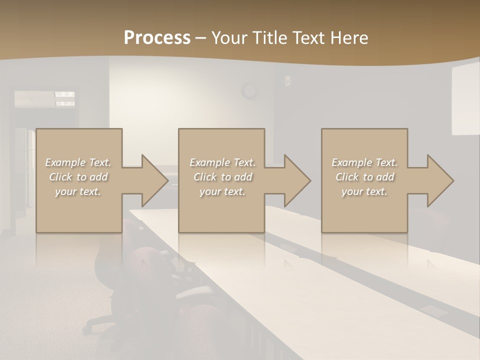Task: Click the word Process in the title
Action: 157,38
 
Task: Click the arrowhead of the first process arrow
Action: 154,180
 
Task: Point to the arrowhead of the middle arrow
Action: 297,180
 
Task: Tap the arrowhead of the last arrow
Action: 440,180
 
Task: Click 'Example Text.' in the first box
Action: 78,162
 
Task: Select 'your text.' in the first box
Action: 78,191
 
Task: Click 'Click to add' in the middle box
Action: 223,177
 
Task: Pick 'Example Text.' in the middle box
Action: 223,162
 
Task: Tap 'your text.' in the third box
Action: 365,191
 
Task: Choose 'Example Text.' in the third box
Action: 365,162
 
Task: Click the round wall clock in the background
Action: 248,91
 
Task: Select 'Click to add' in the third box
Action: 365,177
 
